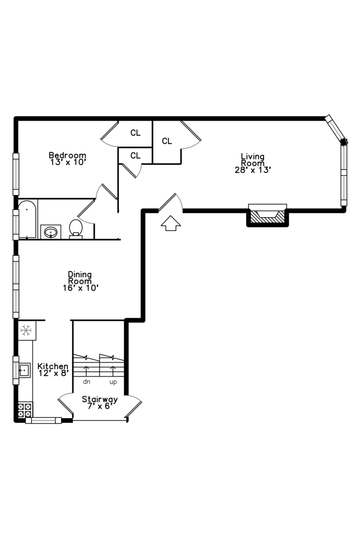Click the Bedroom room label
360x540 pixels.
[x=67, y=155]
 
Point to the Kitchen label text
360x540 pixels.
[x=52, y=366]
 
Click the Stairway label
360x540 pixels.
[x=100, y=399]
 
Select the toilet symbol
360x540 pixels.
[x=75, y=228]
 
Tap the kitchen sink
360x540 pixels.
[x=23, y=370]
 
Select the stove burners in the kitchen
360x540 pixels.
[x=24, y=410]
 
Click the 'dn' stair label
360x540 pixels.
[x=86, y=382]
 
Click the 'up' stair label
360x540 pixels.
[x=113, y=382]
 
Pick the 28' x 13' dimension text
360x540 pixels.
[x=252, y=169]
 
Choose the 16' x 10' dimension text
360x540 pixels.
[x=80, y=287]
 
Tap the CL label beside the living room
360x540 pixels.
[x=167, y=141]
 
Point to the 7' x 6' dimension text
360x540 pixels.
[x=100, y=406]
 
